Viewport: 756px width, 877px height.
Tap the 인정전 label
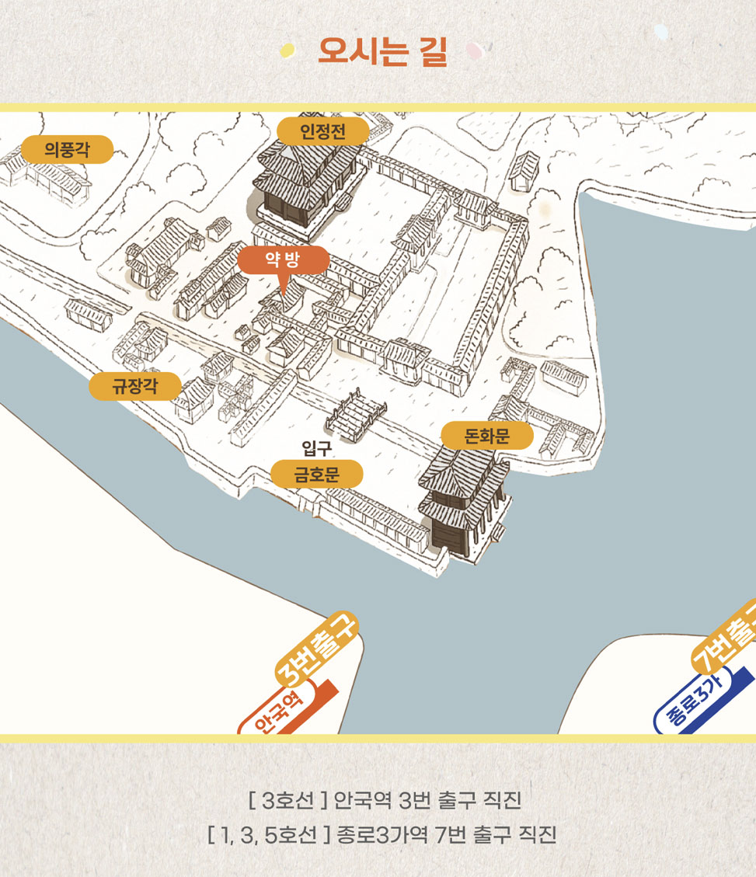point(322,131)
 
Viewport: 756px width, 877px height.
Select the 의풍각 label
point(67,149)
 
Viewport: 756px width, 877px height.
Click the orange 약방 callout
point(283,260)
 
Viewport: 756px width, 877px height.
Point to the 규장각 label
point(134,386)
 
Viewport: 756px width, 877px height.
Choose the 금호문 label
point(316,473)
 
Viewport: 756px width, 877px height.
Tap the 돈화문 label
point(486,436)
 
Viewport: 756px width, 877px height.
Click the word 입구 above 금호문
point(316,447)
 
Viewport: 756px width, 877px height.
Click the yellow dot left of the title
point(288,50)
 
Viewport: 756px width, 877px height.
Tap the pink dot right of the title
point(473,51)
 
